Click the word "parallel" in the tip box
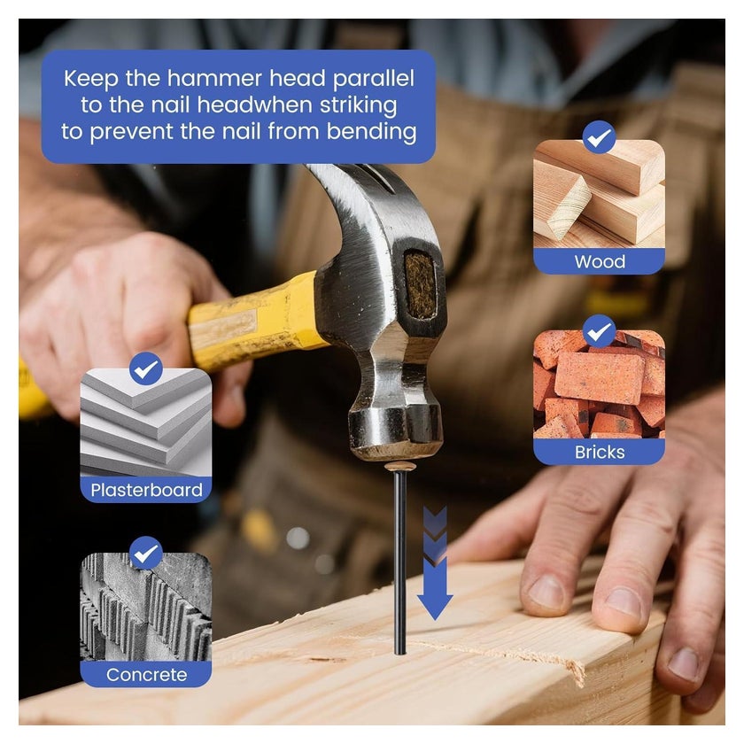point(373,79)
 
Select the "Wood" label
point(600,261)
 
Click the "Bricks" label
point(600,452)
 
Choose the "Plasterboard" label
point(146,490)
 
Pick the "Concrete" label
point(146,674)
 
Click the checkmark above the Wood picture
point(599,137)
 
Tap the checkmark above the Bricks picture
point(599,331)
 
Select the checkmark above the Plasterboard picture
point(145,368)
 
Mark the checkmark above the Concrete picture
point(145,553)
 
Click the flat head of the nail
point(400,467)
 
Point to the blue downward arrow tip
point(435,619)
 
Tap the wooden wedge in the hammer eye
point(420,284)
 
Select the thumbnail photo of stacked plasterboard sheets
point(145,422)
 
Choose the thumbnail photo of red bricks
point(599,384)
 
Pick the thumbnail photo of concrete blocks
point(145,607)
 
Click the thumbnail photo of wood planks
point(599,194)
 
